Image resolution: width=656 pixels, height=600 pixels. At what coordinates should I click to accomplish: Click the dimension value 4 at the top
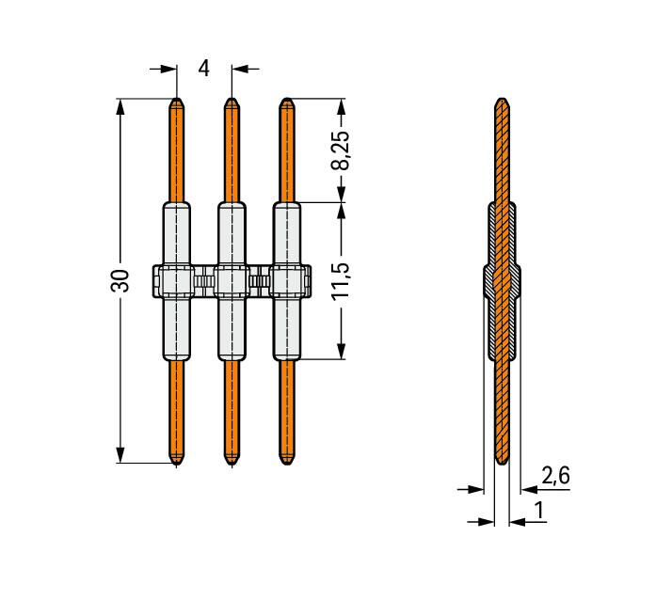click(x=203, y=68)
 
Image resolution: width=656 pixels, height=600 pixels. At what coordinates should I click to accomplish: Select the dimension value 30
click(x=120, y=281)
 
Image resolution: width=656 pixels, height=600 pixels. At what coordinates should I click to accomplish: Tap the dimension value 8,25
click(x=340, y=150)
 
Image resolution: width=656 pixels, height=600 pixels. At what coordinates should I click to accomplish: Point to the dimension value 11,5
click(x=340, y=281)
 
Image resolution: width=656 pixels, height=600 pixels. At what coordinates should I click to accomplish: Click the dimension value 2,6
click(x=555, y=476)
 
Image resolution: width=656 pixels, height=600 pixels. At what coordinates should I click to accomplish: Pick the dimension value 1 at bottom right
click(x=539, y=510)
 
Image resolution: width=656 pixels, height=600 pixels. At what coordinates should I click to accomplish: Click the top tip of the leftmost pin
click(x=177, y=99)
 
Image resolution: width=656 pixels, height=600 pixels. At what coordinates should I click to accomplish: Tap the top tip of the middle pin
click(x=232, y=99)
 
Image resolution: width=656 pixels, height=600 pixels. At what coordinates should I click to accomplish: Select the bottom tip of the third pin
click(x=286, y=465)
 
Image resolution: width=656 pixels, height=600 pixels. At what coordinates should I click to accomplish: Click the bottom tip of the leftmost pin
click(x=177, y=465)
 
